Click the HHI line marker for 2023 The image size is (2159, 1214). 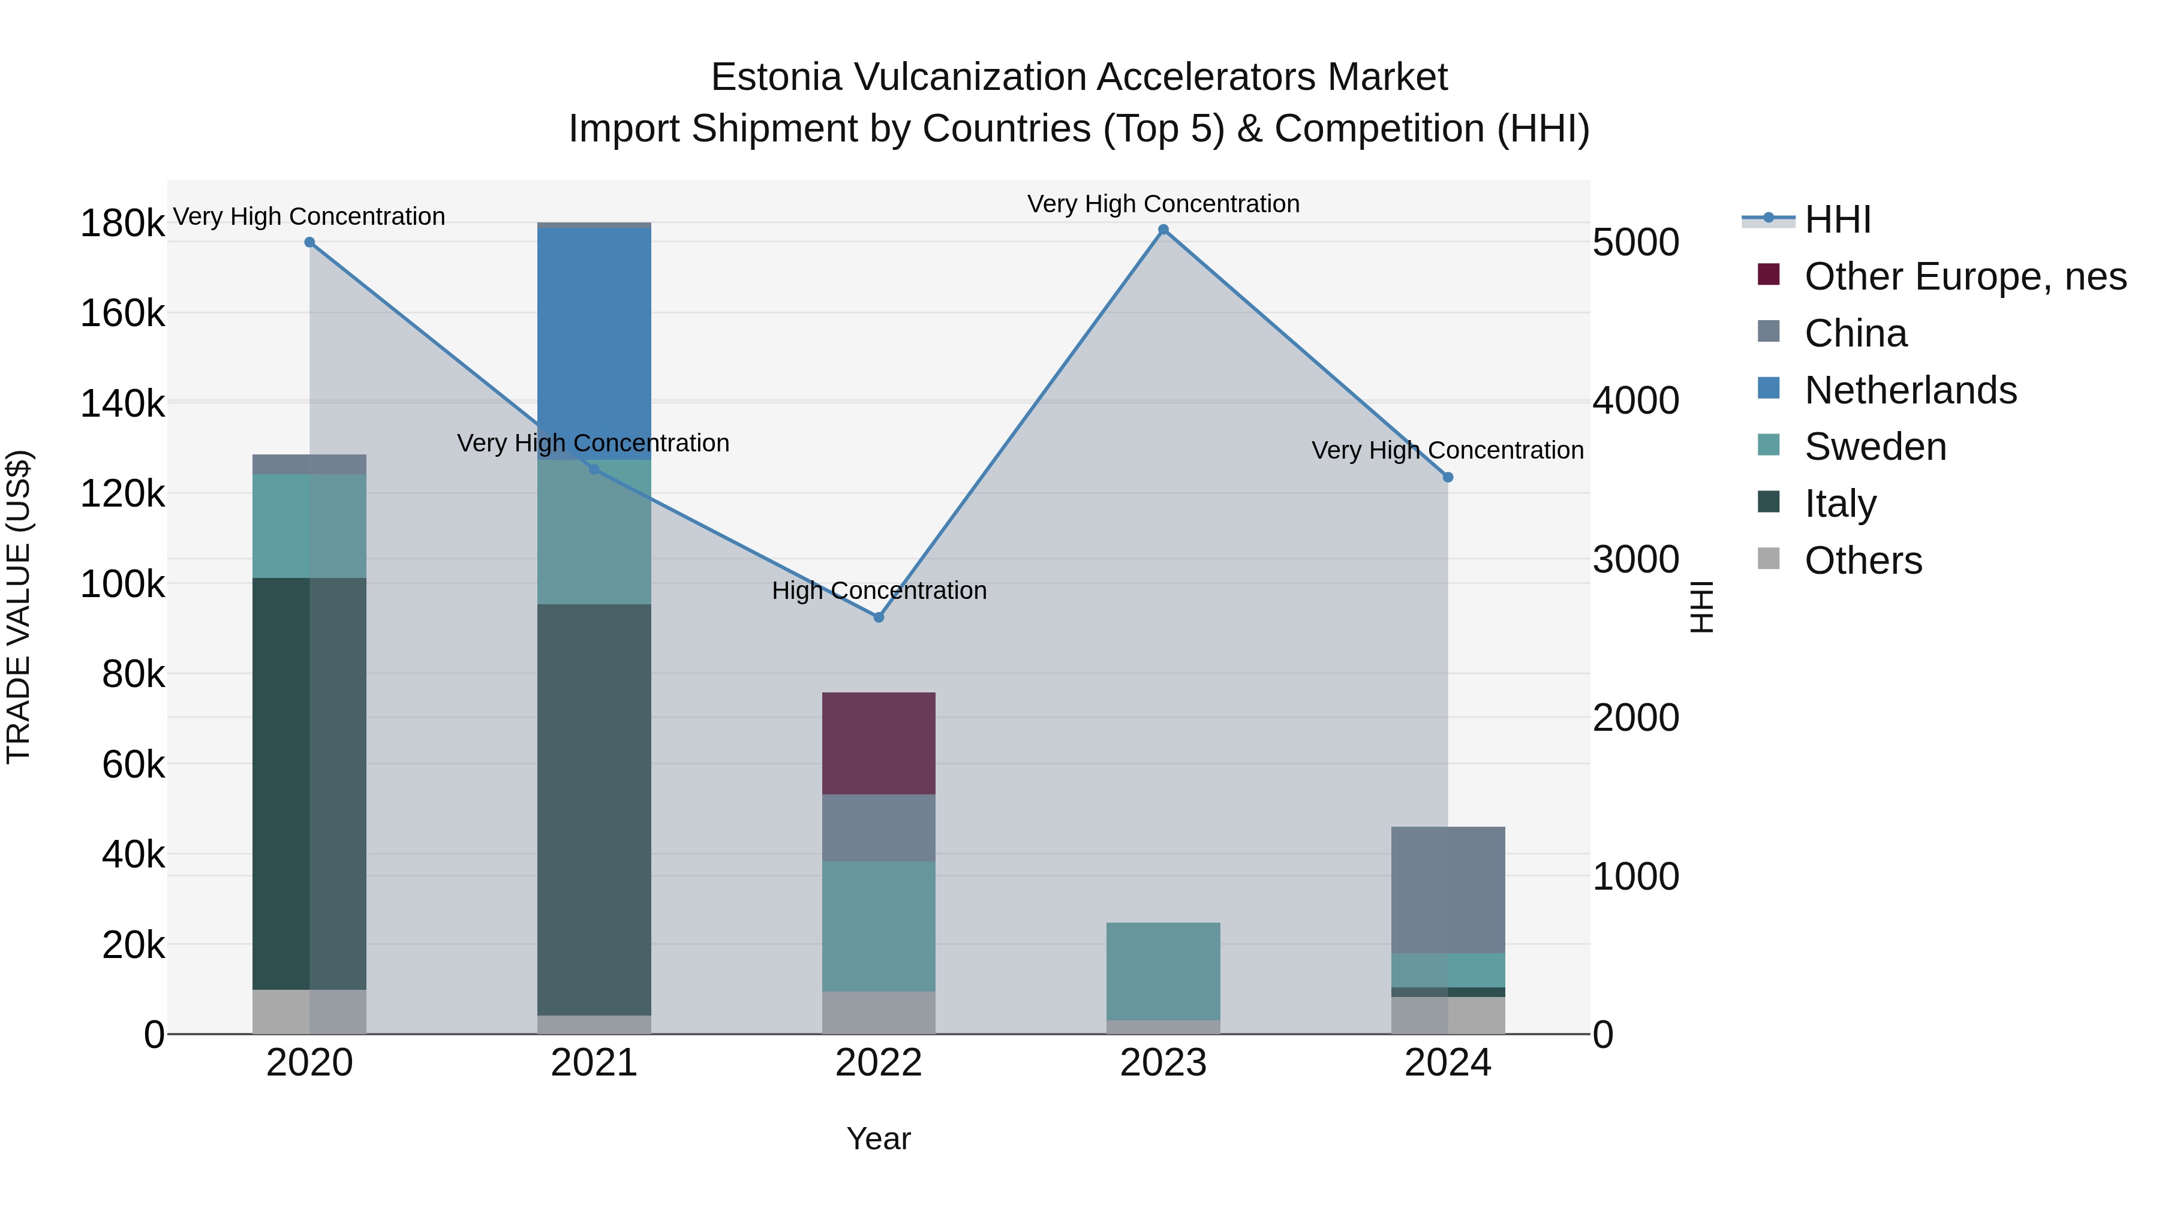tap(1163, 230)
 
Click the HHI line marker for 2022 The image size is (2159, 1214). tap(879, 617)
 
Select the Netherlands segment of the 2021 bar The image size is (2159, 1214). tap(594, 344)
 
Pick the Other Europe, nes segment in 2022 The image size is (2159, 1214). tap(879, 743)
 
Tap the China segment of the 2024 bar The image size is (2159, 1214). tap(1448, 890)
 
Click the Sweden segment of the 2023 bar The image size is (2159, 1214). tap(1163, 971)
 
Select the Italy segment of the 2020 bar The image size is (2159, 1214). tap(309, 784)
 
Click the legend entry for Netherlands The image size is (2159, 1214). tap(1910, 390)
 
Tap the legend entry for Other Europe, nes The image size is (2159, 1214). tap(1965, 276)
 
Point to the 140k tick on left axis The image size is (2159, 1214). tap(122, 404)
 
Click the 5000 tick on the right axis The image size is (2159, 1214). tap(1635, 243)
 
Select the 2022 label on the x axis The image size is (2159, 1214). tap(879, 1063)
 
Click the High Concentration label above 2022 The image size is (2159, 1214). tap(879, 591)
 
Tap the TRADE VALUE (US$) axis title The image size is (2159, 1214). tap(19, 607)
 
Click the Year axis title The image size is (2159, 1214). tap(879, 1138)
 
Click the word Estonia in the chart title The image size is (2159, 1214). tap(775, 77)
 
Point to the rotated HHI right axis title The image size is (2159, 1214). tap(1701, 607)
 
